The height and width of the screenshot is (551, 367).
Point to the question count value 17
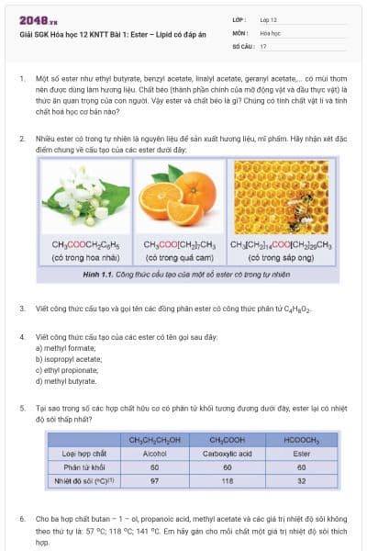263,45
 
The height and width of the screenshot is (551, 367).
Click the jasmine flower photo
87,197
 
